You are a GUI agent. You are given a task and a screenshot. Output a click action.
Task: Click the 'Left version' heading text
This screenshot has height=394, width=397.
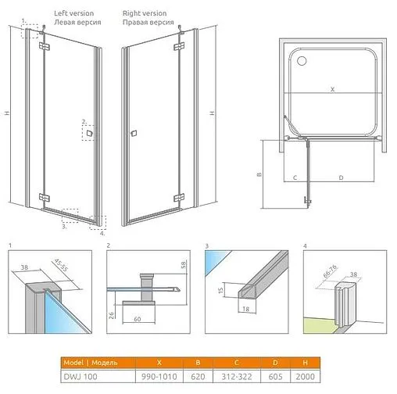[x=74, y=14]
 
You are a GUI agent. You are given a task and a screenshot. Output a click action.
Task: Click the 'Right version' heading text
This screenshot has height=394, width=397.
[x=145, y=14]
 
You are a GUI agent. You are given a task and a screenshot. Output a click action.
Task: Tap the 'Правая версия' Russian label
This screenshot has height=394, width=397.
[x=148, y=23]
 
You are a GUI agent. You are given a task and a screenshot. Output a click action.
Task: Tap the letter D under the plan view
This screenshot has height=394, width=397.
[x=341, y=178]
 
